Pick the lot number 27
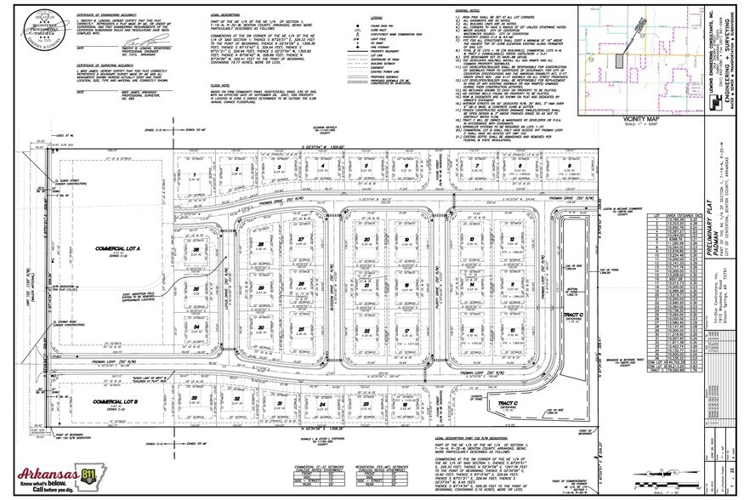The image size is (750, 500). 300,238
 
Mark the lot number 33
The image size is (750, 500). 195,397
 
